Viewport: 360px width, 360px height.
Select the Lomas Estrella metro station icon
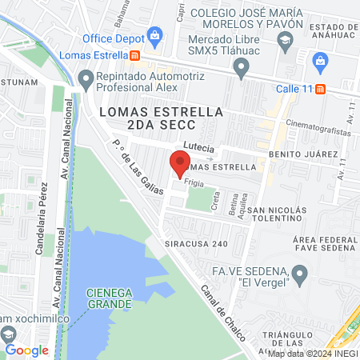click(135, 55)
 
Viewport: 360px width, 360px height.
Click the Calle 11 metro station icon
click(321, 89)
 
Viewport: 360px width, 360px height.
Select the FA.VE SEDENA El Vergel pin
click(300, 276)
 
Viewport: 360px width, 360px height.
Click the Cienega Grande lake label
click(110, 298)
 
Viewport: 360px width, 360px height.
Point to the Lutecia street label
click(199, 146)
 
